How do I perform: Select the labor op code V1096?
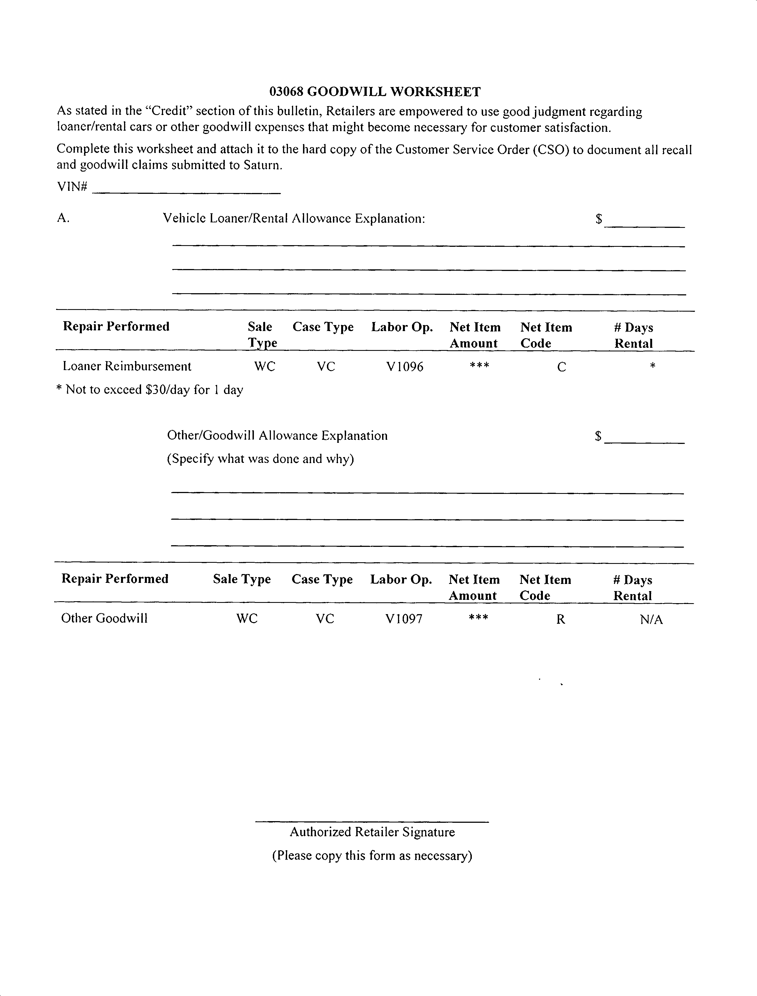(x=405, y=367)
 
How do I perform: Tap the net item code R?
(x=560, y=620)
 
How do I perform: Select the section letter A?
(x=63, y=219)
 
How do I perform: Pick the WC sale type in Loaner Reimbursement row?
(x=265, y=366)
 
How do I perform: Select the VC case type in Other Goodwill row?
(x=325, y=619)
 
